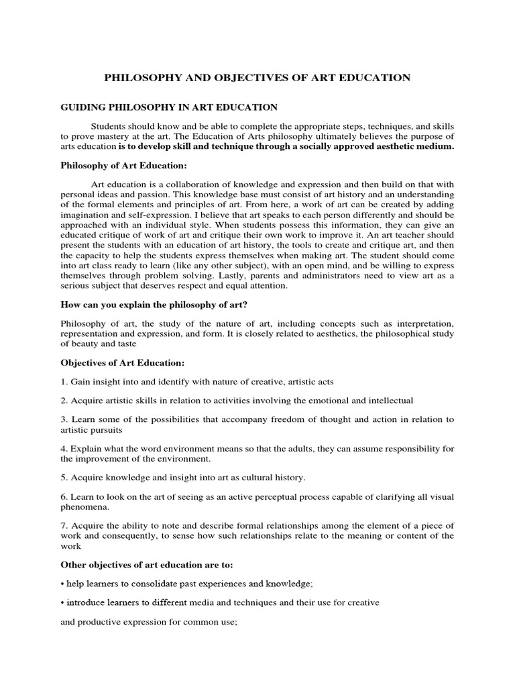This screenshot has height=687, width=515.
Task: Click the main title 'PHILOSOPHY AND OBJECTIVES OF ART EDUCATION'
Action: click(257, 78)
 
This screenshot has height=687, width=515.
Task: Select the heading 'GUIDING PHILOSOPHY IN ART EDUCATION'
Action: click(169, 107)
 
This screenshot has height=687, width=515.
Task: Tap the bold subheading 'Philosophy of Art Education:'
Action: click(124, 164)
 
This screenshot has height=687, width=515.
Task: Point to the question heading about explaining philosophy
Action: click(154, 305)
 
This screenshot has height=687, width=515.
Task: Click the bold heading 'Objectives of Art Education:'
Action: click(123, 362)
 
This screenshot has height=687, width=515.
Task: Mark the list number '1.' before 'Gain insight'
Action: click(64, 382)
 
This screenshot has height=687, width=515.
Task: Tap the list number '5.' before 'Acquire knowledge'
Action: click(64, 477)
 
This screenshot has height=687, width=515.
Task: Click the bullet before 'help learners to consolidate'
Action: click(63, 584)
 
